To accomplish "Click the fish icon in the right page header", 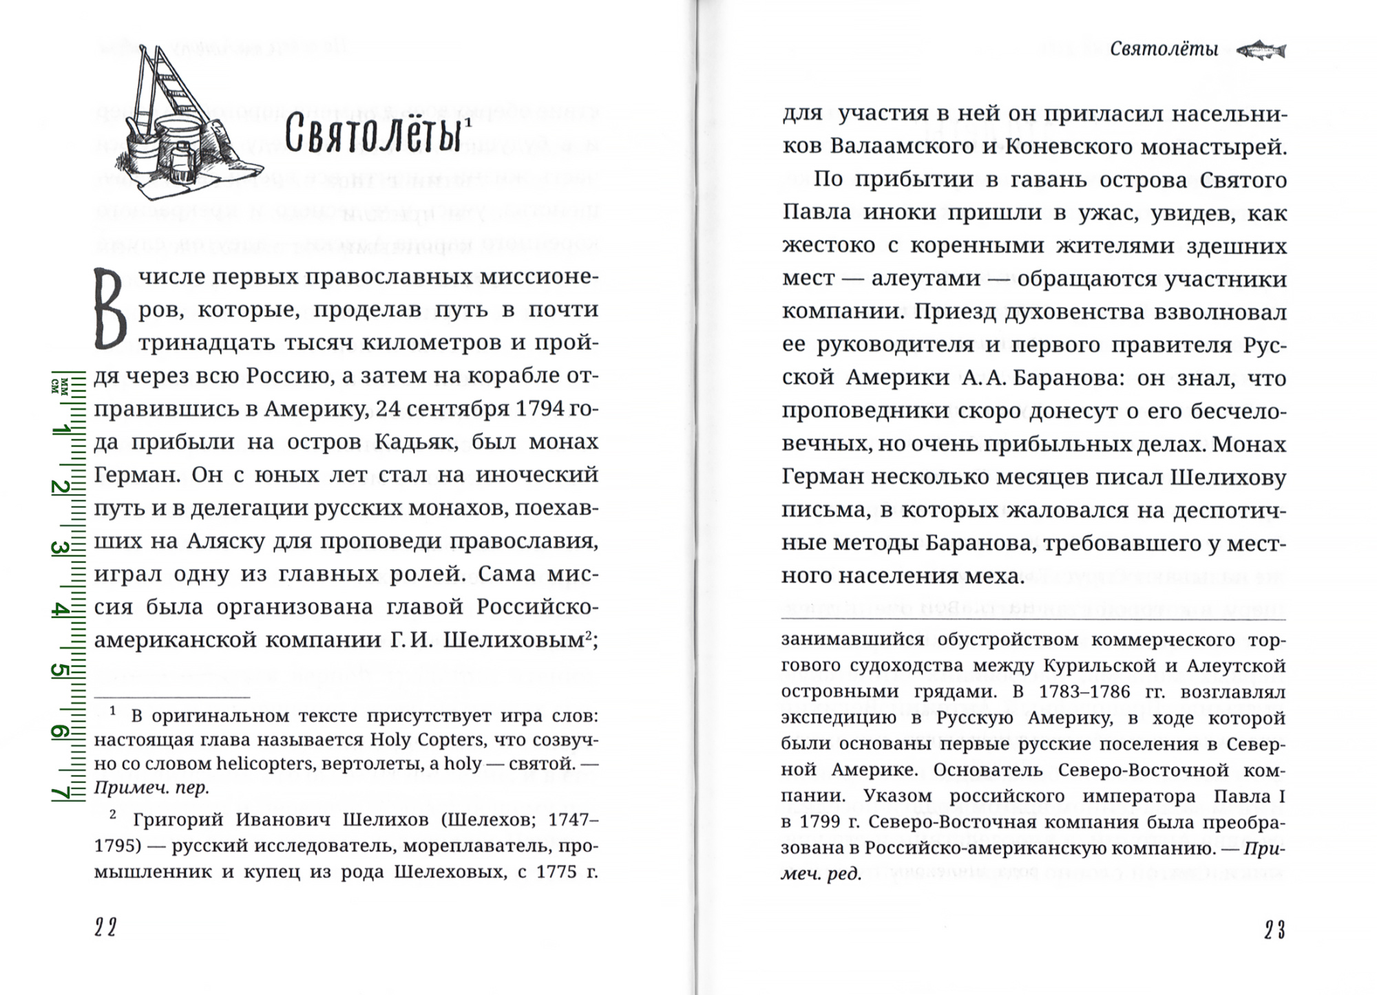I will click(x=1261, y=50).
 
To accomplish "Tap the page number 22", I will click(x=105, y=928).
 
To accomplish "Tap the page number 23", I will click(x=1274, y=930).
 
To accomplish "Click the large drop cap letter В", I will click(x=110, y=309).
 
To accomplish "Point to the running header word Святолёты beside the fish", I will click(x=1164, y=50).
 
